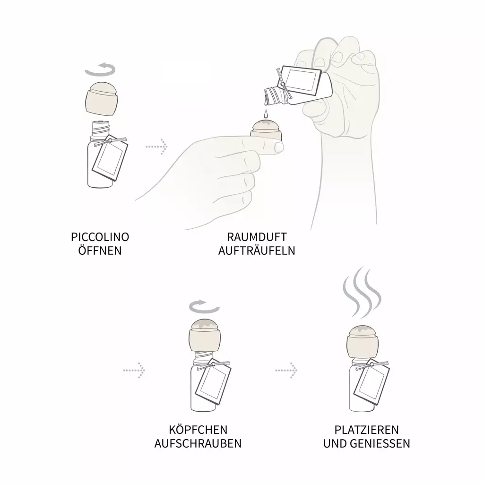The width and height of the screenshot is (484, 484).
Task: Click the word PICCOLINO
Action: (x=100, y=237)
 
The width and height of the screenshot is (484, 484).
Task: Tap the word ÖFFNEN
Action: (x=100, y=251)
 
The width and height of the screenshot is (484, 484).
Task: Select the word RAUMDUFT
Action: (x=257, y=237)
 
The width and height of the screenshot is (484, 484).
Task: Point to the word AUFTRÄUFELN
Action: (x=257, y=251)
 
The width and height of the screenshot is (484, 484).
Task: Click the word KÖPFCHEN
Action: (x=198, y=430)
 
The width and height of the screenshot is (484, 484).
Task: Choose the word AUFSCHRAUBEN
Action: (x=198, y=443)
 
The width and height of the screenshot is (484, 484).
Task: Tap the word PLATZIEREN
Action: (x=367, y=430)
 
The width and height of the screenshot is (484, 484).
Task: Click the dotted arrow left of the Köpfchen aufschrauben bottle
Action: (x=134, y=370)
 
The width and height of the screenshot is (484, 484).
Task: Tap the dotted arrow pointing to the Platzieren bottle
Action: (x=286, y=370)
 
